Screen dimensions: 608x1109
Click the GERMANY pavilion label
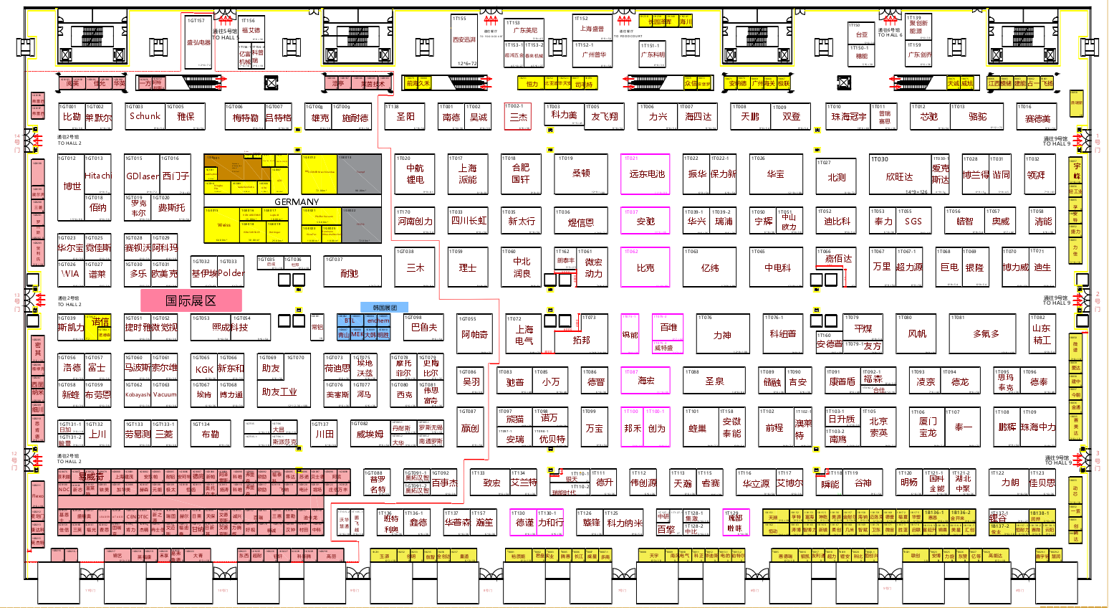click(x=297, y=202)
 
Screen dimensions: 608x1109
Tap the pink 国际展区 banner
click(x=191, y=300)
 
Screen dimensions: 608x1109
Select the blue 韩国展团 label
click(x=385, y=308)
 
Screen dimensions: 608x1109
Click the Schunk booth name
click(x=145, y=116)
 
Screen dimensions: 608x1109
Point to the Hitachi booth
click(x=98, y=176)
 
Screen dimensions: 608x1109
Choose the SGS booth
click(x=913, y=222)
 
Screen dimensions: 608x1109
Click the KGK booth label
click(x=204, y=370)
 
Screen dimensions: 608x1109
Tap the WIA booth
click(x=70, y=274)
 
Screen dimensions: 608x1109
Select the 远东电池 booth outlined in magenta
click(x=646, y=174)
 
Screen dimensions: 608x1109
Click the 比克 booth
click(x=645, y=268)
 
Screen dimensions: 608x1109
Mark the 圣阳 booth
click(x=405, y=116)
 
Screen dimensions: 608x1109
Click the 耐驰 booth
click(x=350, y=274)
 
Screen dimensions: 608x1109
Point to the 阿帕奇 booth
click(x=474, y=335)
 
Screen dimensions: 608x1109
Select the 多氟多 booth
click(x=986, y=334)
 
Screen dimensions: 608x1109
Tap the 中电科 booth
click(x=777, y=268)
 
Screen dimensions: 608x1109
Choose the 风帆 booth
click(x=917, y=334)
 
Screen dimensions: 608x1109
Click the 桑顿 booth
click(x=581, y=174)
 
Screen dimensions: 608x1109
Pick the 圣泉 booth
click(x=714, y=381)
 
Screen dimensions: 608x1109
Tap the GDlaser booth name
click(x=143, y=176)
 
